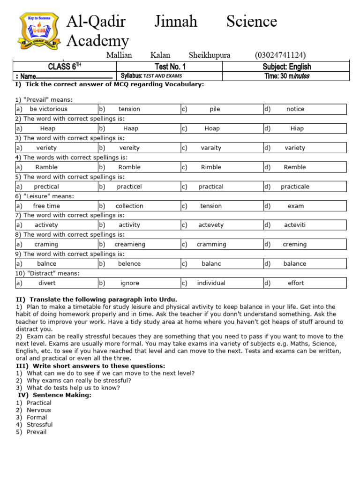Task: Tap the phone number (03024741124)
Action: pos(280,55)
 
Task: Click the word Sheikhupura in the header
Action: pos(210,55)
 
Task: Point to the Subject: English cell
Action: pos(286,67)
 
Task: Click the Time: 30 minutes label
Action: pos(286,76)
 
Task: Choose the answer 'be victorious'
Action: pos(48,109)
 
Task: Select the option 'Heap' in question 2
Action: pos(48,128)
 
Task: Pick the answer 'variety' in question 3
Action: pos(295,148)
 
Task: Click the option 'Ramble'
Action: pos(46,167)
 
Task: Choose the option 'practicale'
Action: pos(295,187)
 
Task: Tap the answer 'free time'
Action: pos(46,206)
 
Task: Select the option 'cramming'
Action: pos(211,244)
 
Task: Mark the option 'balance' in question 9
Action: pos(294,263)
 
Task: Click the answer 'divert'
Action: pos(47,283)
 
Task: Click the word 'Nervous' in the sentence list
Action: pos(39,410)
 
